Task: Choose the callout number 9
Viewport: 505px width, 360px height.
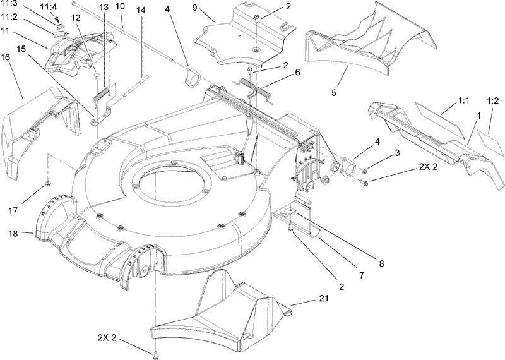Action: (195, 11)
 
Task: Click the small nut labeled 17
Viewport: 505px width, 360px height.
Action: (48, 184)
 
